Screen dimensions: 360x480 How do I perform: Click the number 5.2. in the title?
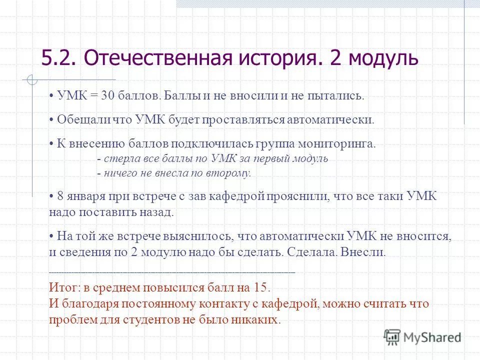coord(59,58)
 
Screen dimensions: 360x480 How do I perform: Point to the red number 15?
coord(261,288)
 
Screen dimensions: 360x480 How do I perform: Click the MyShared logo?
coord(423,336)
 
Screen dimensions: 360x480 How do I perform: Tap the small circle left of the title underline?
coord(31,79)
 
